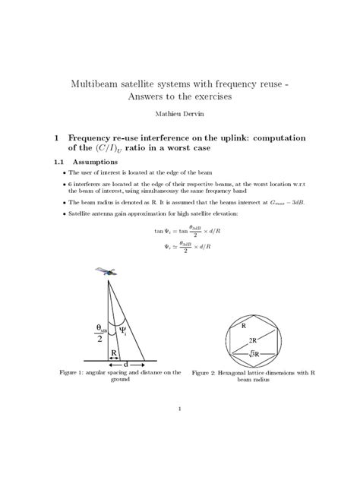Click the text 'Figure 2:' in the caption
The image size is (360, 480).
point(206,374)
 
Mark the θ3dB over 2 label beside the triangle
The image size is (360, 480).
point(101,334)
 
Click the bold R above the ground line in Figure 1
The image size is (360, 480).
point(112,354)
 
